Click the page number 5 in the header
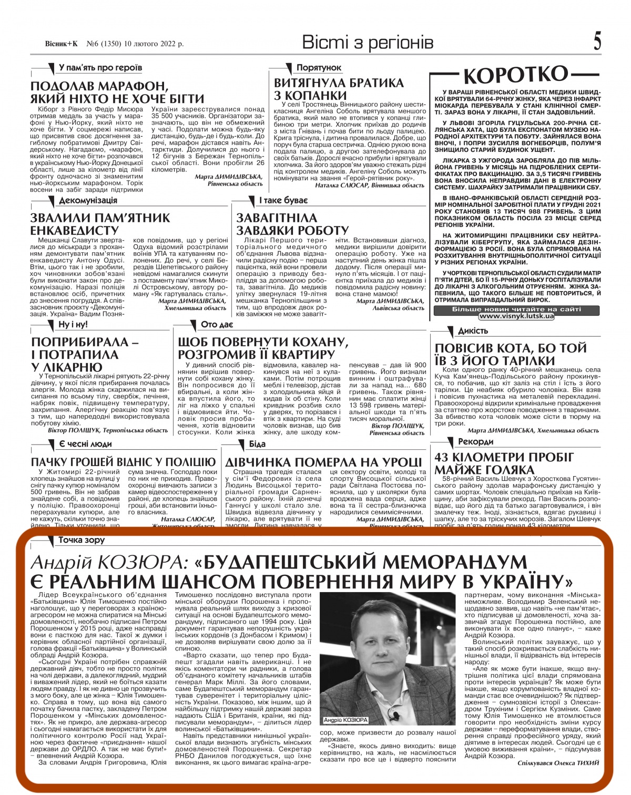[597, 42]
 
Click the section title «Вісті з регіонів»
[368, 43]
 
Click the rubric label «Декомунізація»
[88, 201]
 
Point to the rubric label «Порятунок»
[319, 68]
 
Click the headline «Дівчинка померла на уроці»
[323, 462]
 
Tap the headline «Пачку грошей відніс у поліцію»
[123, 462]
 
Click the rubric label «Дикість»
[473, 331]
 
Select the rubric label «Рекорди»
[476, 442]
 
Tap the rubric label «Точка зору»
[82, 540]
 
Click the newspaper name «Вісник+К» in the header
[61, 45]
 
